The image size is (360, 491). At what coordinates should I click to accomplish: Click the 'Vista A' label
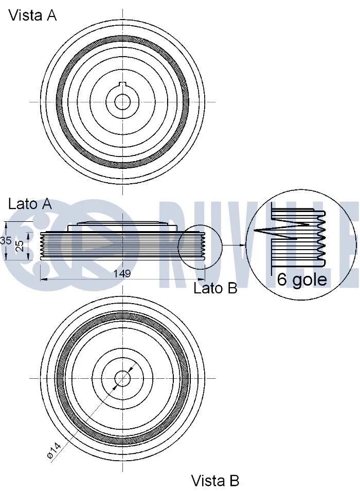32,15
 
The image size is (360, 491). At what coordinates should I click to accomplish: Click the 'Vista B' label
215,481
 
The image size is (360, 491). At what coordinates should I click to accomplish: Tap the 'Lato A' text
30,204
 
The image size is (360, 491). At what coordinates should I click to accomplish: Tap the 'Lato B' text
215,288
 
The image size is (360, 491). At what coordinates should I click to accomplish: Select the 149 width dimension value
122,274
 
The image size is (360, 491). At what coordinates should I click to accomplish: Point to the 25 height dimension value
19,246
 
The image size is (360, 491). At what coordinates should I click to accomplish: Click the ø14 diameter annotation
53,451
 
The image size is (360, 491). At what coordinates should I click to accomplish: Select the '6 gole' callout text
301,279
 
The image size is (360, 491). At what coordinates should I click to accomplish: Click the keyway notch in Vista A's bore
122,85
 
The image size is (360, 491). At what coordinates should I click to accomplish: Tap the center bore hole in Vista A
122,102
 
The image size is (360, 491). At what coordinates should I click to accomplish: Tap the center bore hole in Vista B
122,379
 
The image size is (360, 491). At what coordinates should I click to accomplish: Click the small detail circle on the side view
200,246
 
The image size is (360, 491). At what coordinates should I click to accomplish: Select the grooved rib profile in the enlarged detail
321,240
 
